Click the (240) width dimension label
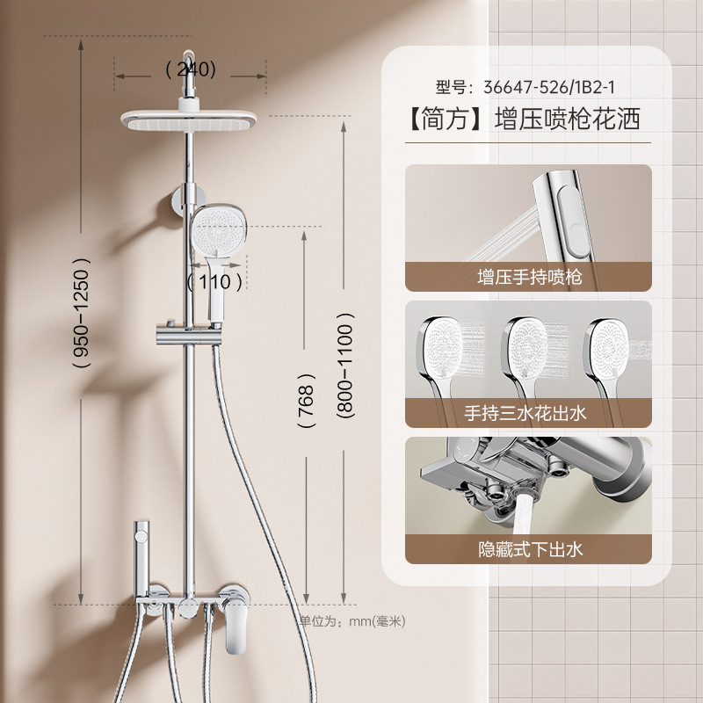(191, 69)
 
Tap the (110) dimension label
(214, 281)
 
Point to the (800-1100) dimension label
(345, 370)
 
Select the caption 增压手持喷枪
(528, 277)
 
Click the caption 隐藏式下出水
(528, 550)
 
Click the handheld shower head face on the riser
(216, 232)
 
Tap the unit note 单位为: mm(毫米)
(352, 621)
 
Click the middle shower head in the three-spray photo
(527, 345)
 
